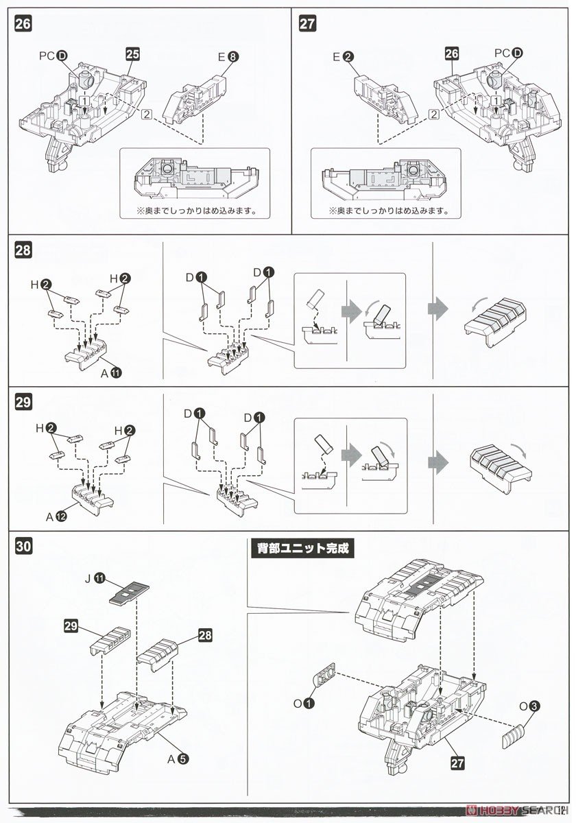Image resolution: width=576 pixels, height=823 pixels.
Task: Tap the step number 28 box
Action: [x=23, y=250]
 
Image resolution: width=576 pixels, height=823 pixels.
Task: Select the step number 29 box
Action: [x=23, y=403]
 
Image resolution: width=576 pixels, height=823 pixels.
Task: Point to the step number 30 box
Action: [x=23, y=547]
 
